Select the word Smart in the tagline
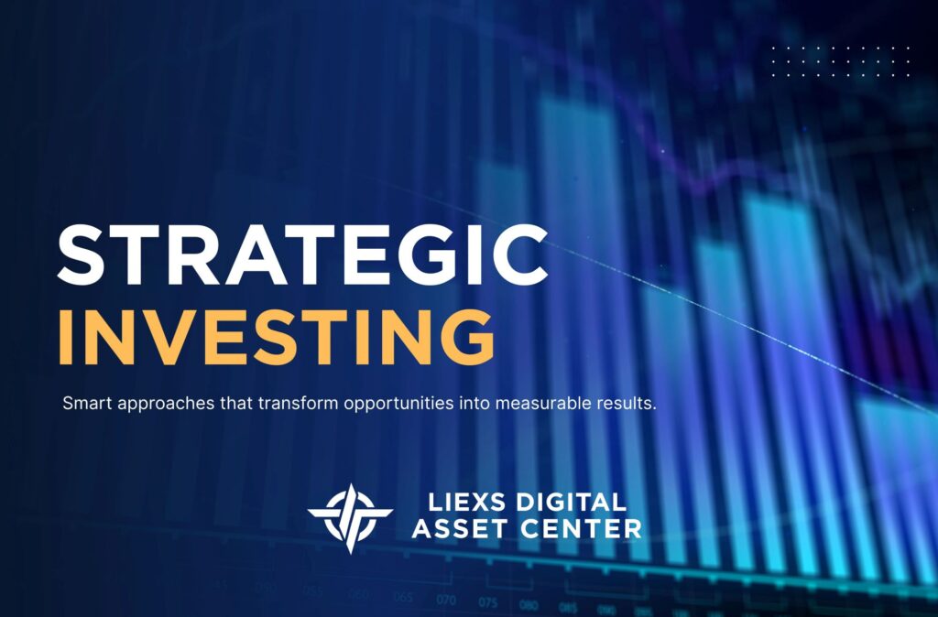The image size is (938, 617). pyautogui.click(x=82, y=403)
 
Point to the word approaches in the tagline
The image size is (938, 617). pyautogui.click(x=152, y=404)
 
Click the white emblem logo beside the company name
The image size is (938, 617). pyautogui.click(x=350, y=516)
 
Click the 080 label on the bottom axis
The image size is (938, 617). pyautogui.click(x=529, y=605)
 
